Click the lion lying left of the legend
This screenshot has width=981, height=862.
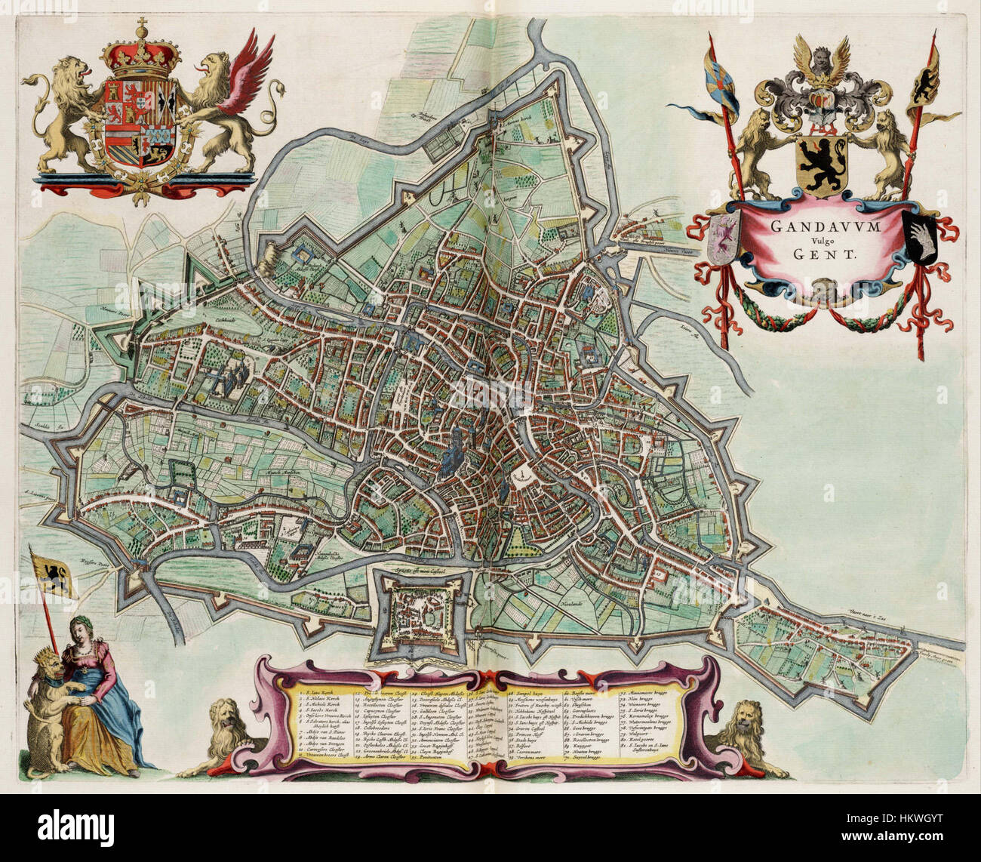pyautogui.click(x=219, y=736)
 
